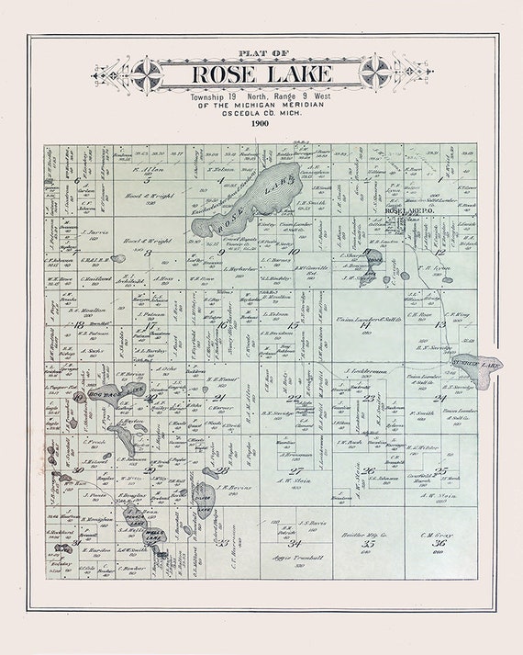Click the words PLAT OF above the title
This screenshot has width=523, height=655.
click(x=261, y=53)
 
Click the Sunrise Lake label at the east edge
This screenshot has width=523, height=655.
click(x=478, y=365)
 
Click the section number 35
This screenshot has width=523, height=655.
click(x=368, y=544)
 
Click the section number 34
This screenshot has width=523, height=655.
click(x=295, y=544)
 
